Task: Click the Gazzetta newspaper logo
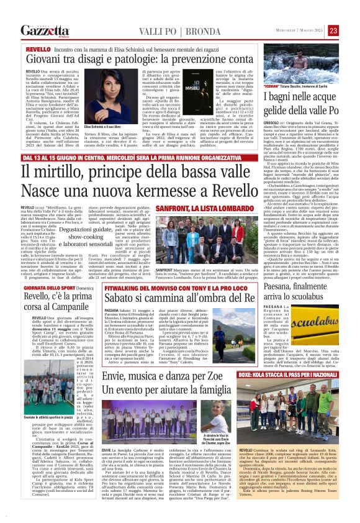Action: coord(44,30)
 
